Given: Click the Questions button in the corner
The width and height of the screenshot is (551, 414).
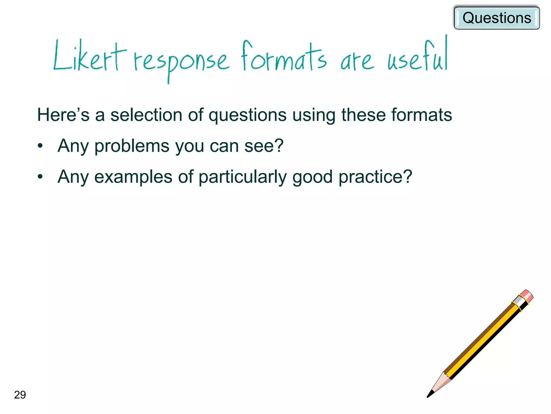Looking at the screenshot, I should (497, 18).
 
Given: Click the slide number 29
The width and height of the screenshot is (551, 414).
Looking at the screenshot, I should (20, 395).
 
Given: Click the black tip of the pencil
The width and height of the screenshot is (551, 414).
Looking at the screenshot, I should (430, 394).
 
